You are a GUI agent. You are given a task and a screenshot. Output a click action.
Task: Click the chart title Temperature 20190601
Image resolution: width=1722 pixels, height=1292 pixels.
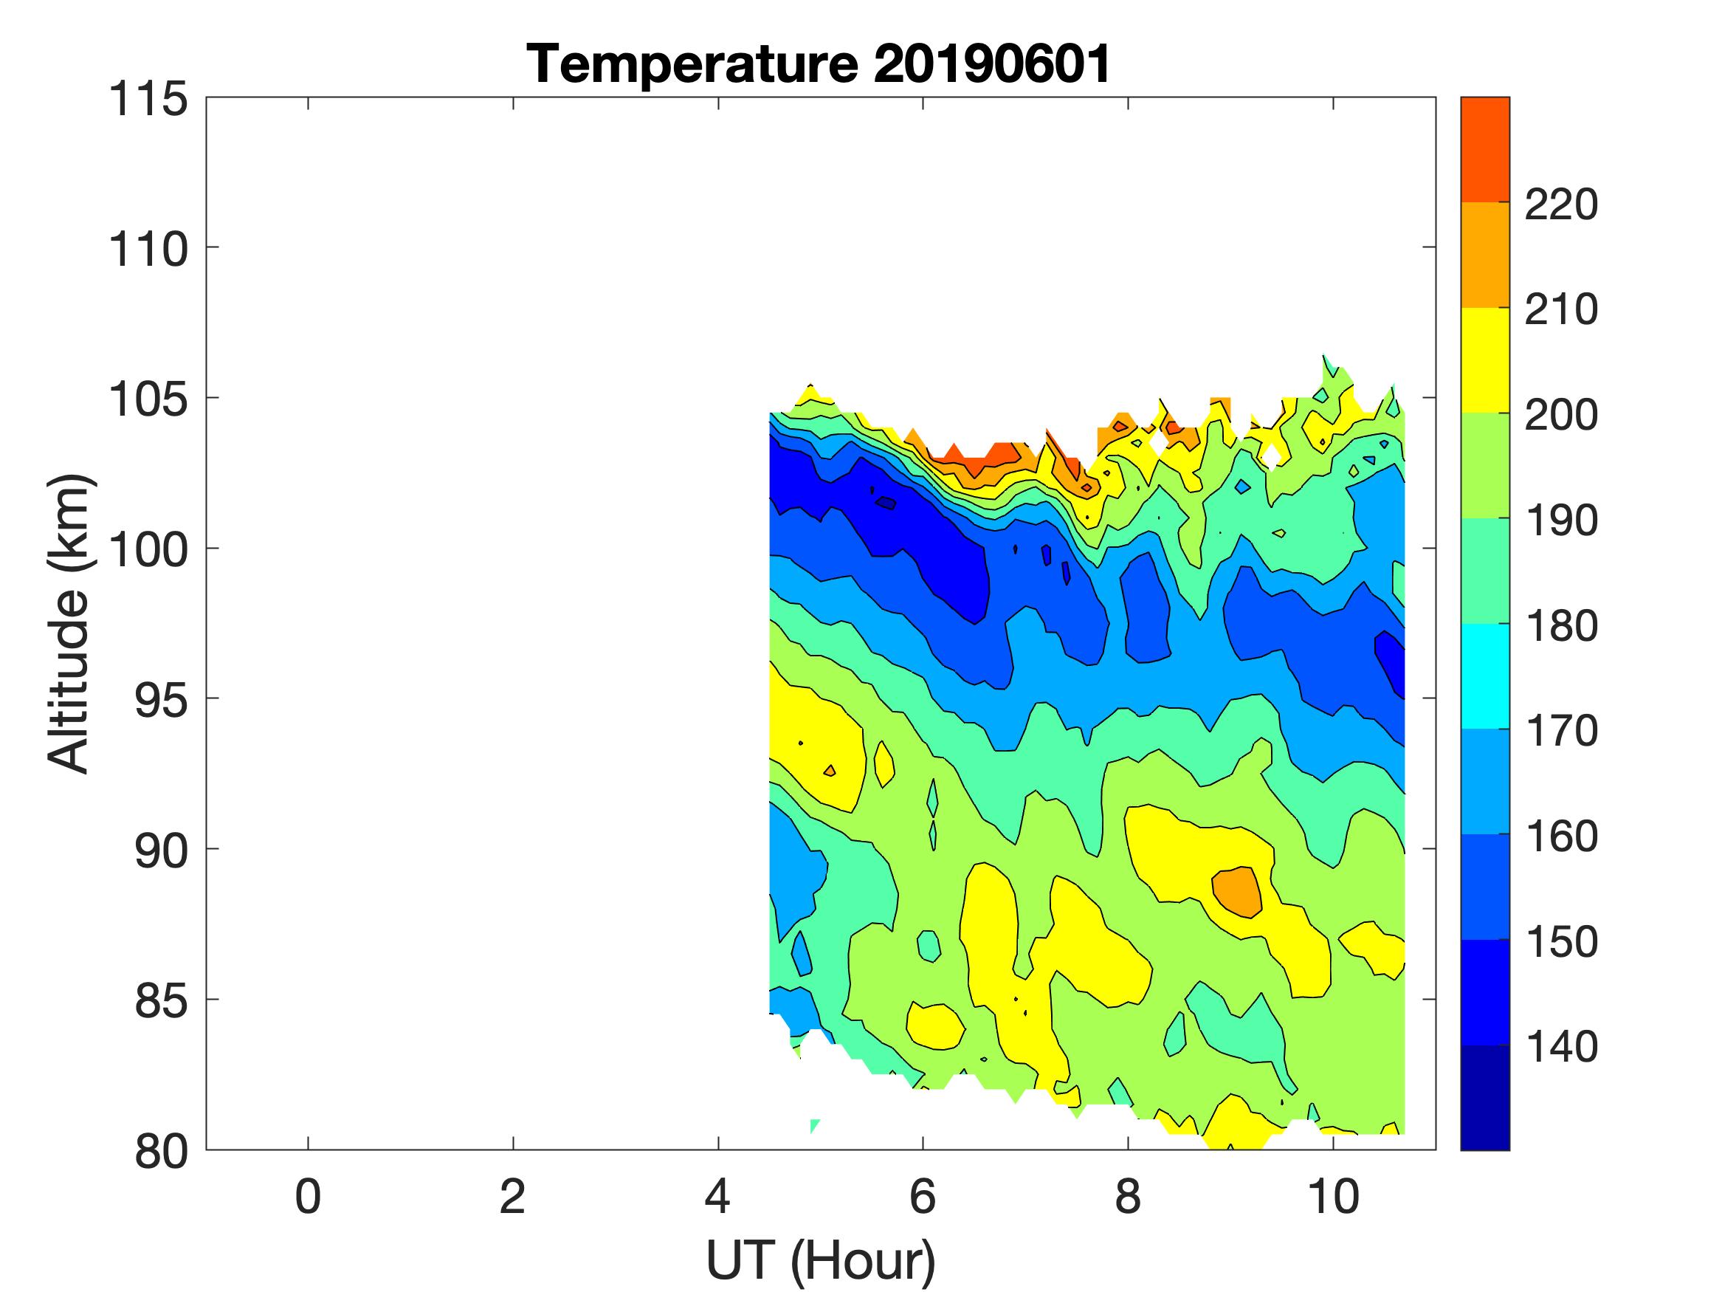pyautogui.click(x=819, y=63)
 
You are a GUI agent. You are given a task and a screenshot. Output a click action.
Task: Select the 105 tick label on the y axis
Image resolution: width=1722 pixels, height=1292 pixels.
pyautogui.click(x=148, y=400)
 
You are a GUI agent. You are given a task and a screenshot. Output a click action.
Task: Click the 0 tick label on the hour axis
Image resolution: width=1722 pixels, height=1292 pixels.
pyautogui.click(x=309, y=1196)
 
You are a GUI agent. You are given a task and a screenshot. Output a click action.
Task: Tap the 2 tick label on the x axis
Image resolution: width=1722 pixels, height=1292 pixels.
pyautogui.click(x=512, y=1196)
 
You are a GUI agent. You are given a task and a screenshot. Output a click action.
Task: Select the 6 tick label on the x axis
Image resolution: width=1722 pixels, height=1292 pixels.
pyautogui.click(x=923, y=1196)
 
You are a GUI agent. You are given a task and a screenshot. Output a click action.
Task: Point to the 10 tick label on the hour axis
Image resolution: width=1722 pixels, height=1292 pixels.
pyautogui.click(x=1333, y=1196)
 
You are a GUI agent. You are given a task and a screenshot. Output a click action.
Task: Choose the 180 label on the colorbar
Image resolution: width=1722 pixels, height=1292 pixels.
pyautogui.click(x=1560, y=626)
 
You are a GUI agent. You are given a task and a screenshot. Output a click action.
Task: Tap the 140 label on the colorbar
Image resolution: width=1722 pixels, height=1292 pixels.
pyautogui.click(x=1560, y=1047)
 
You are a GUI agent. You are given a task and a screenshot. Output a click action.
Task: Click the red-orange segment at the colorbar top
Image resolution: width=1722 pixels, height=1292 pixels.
pyautogui.click(x=1484, y=150)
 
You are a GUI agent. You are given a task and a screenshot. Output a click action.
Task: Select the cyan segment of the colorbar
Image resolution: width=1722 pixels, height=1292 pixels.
pyautogui.click(x=1484, y=676)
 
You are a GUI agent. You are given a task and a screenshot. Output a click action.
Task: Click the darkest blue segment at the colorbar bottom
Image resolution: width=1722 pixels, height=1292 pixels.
pyautogui.click(x=1484, y=1097)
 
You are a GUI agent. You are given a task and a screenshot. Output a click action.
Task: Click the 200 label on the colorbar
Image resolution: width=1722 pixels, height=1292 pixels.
pyautogui.click(x=1560, y=416)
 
